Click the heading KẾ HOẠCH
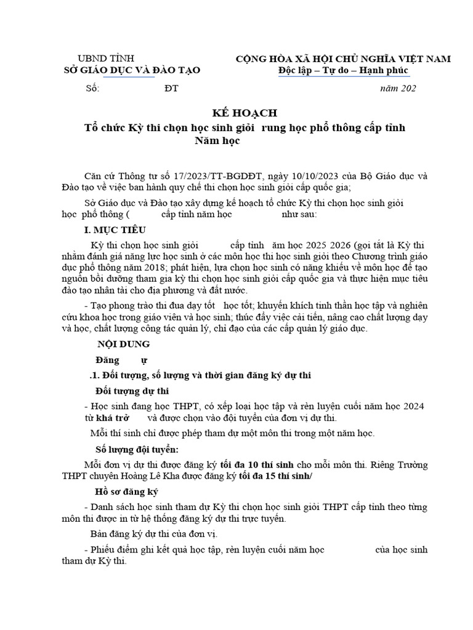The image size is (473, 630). pyautogui.click(x=236, y=113)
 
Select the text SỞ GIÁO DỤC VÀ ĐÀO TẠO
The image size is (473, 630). pyautogui.click(x=132, y=71)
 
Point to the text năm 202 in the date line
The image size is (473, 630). pyautogui.click(x=399, y=89)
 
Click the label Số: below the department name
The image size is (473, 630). pyautogui.click(x=92, y=89)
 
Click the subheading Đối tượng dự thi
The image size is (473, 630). pyautogui.click(x=132, y=391)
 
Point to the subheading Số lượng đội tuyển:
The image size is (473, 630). pyautogui.click(x=137, y=450)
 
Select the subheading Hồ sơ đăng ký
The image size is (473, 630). pyautogui.click(x=126, y=492)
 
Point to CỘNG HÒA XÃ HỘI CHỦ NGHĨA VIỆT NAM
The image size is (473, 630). pyautogui.click(x=344, y=59)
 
